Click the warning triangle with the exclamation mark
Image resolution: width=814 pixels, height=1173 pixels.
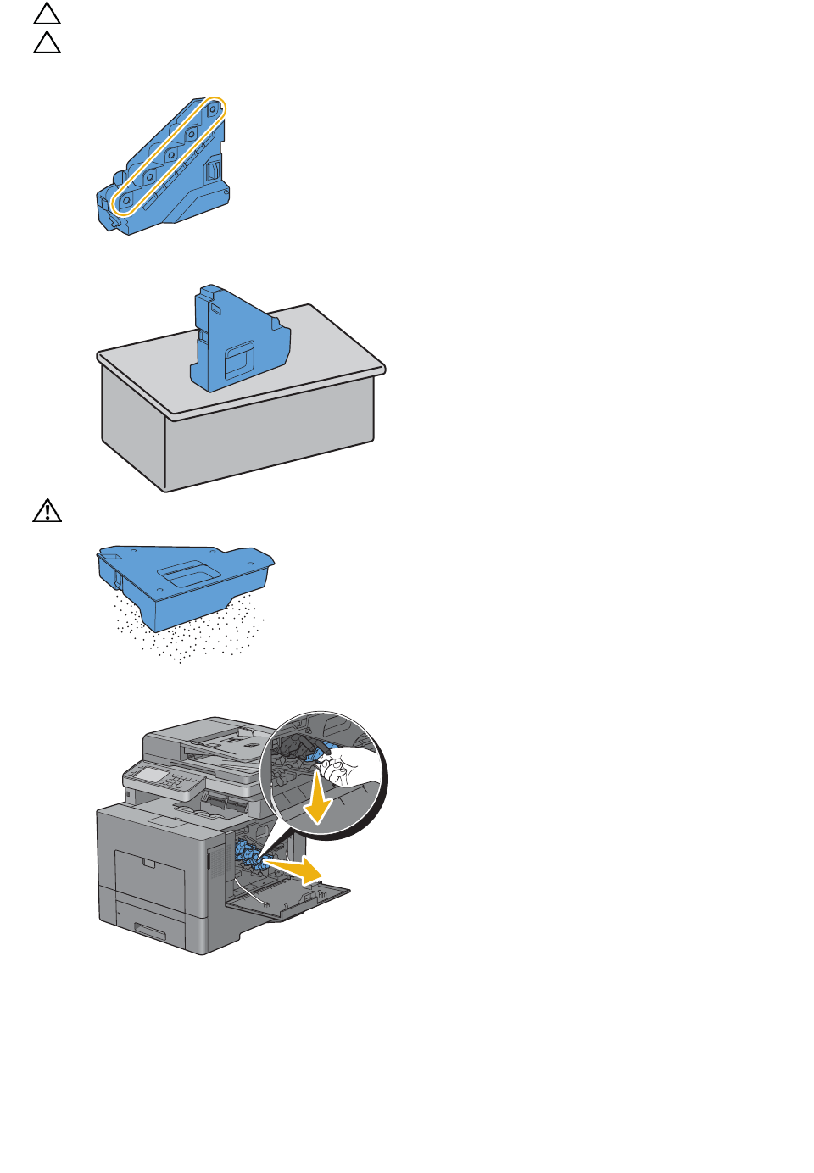coord(47,510)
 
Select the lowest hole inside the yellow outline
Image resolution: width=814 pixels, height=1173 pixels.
coord(125,201)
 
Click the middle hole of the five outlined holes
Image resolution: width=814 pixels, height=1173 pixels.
coord(170,155)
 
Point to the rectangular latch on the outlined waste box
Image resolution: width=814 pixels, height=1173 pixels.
coord(213,172)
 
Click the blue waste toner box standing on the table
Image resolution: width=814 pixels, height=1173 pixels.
coord(239,339)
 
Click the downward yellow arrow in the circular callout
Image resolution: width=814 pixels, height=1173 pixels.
coord(317,802)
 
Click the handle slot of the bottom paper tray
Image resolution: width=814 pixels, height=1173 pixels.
coord(150,932)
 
